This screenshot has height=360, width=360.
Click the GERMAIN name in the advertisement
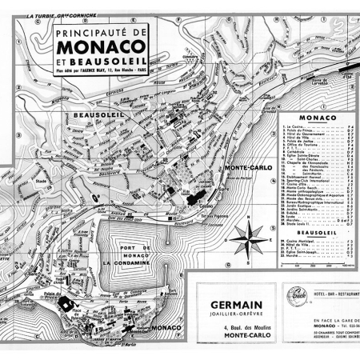(238, 304)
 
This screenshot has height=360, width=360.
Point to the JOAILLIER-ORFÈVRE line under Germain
(238, 314)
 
